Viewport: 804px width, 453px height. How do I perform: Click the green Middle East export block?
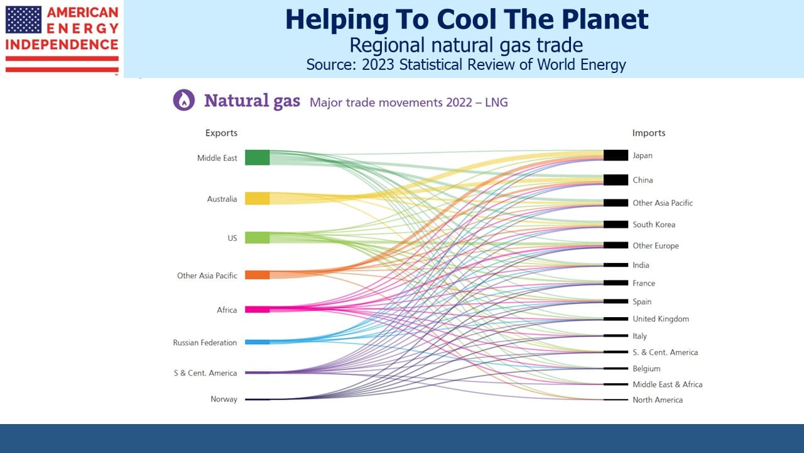(x=257, y=157)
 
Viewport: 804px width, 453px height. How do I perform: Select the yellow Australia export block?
(x=257, y=198)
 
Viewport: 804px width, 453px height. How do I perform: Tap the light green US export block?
(x=257, y=238)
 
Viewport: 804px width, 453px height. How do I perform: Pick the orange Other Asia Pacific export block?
(x=257, y=275)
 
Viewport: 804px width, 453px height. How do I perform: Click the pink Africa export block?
(x=257, y=310)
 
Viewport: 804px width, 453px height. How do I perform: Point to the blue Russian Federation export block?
(x=257, y=342)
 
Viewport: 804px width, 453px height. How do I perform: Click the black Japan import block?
(x=616, y=155)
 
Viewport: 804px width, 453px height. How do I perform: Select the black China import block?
(x=616, y=180)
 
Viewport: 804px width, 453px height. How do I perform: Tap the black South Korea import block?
(x=616, y=225)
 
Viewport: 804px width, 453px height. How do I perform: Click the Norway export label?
(x=224, y=399)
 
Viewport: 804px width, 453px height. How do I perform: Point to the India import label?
(x=641, y=265)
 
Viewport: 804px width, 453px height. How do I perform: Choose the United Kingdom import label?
(x=661, y=319)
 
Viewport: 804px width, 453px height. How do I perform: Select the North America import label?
(x=658, y=400)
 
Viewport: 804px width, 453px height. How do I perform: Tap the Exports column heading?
(x=221, y=133)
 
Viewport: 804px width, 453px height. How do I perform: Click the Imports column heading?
(x=649, y=133)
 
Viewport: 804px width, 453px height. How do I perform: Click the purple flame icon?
(x=184, y=100)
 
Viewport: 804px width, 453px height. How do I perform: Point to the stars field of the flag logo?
(x=23, y=20)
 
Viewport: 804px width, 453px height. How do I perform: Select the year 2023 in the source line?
(x=378, y=65)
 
